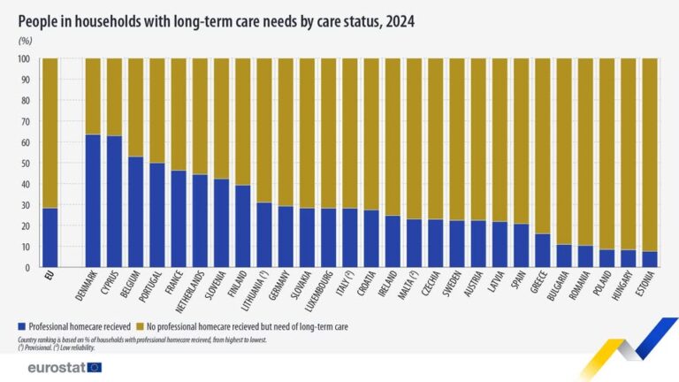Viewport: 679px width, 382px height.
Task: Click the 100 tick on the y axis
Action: pyautogui.click(x=24, y=59)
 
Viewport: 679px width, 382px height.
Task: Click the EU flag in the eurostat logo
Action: pyautogui.click(x=94, y=367)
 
